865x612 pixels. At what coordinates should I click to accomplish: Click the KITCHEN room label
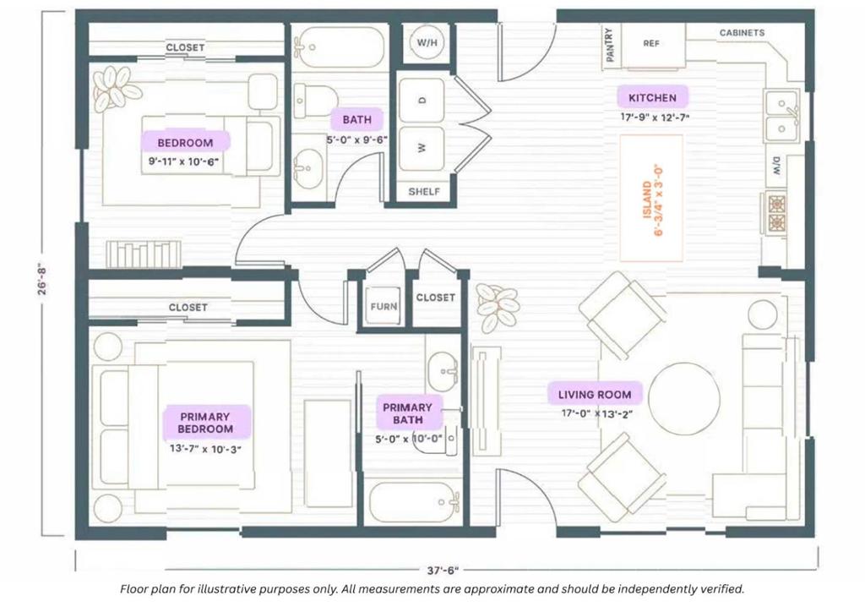(652, 98)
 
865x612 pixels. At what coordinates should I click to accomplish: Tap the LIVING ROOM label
(594, 395)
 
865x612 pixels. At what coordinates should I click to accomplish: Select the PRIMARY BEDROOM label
(205, 423)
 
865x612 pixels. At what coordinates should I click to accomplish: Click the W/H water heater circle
(427, 42)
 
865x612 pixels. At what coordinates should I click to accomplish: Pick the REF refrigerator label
(651, 43)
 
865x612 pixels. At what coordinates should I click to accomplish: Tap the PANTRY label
(610, 45)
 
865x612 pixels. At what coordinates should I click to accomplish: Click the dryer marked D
(422, 100)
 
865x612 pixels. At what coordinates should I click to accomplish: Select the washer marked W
(422, 148)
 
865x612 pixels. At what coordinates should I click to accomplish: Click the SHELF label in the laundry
(424, 192)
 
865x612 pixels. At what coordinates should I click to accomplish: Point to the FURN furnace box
(384, 306)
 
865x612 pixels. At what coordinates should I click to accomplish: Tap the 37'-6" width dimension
(443, 570)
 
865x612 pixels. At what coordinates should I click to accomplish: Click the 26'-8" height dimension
(43, 278)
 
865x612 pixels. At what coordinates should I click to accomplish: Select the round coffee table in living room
(684, 398)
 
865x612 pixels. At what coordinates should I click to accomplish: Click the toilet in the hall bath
(315, 101)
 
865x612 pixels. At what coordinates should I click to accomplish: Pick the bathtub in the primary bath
(414, 502)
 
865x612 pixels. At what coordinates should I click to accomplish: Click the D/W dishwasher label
(776, 167)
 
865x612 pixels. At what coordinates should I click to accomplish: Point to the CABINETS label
(742, 33)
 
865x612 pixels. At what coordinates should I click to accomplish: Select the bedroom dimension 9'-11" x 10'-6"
(183, 161)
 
